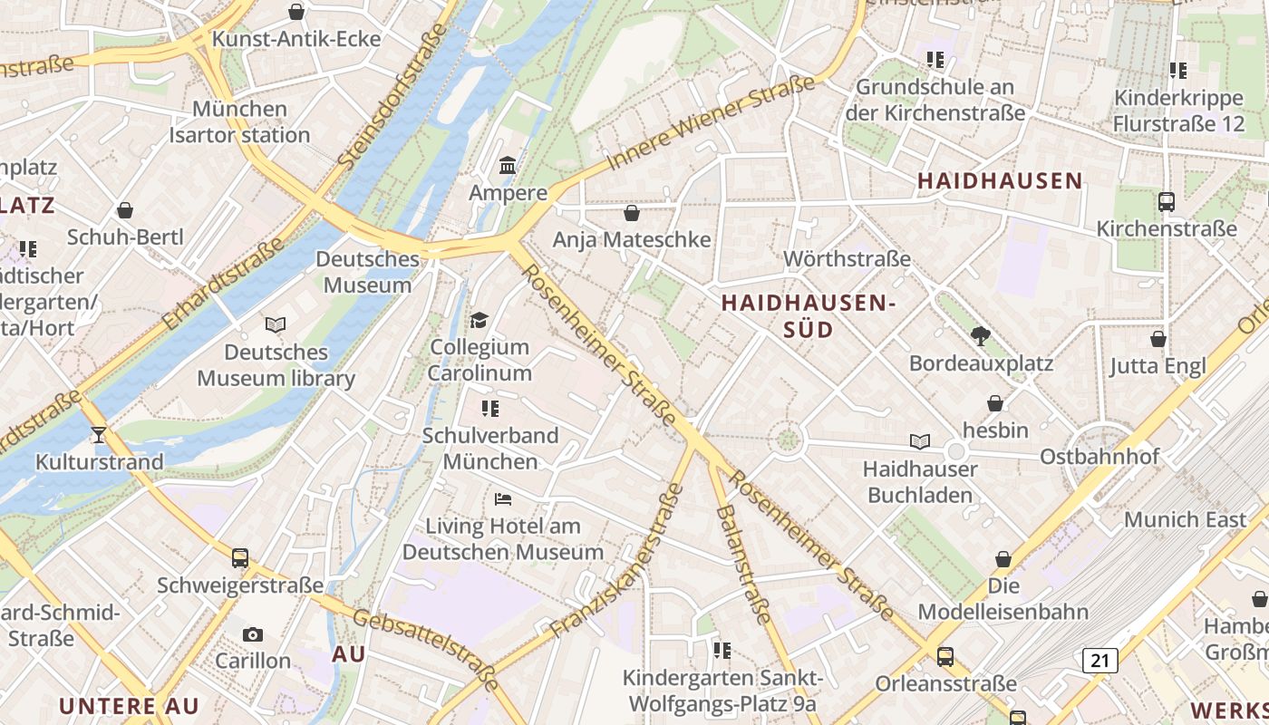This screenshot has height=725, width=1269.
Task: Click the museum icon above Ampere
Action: [x=508, y=166]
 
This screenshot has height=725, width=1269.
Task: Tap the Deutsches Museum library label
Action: [x=276, y=365]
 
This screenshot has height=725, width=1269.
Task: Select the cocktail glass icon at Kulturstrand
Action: [x=99, y=435]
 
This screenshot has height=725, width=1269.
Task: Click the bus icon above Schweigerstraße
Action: [x=239, y=558]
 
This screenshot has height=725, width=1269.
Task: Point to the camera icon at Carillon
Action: [x=253, y=634]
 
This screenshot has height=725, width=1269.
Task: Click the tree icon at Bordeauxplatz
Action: [x=980, y=336]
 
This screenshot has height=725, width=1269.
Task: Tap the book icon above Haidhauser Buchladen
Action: [x=920, y=442]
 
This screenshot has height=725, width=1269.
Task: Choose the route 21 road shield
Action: [x=1099, y=660]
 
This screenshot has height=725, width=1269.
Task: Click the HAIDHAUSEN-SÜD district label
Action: [x=808, y=316]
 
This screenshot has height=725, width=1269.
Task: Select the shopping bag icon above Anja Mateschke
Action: [x=632, y=213]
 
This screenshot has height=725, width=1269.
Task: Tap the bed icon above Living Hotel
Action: [x=503, y=499]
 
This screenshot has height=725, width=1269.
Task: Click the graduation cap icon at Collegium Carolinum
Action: [x=479, y=321]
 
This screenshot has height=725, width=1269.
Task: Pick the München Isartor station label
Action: [x=239, y=122]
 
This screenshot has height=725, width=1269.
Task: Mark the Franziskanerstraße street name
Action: [x=616, y=562]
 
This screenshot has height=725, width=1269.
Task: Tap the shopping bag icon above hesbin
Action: [x=995, y=403]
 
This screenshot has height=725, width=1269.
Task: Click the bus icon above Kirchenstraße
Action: [x=1167, y=202]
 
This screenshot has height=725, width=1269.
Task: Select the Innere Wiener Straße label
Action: [x=712, y=123]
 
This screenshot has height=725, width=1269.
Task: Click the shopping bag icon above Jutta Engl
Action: [x=1158, y=340]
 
